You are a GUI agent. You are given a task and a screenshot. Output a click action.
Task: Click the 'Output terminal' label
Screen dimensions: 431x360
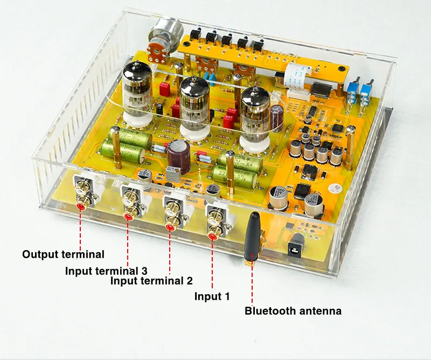point(63,254)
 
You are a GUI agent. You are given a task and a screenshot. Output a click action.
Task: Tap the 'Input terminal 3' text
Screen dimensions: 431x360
point(106,271)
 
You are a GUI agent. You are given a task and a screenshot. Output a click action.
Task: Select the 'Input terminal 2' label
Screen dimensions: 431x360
point(151,280)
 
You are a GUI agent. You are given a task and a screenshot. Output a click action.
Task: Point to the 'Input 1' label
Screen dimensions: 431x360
point(212,296)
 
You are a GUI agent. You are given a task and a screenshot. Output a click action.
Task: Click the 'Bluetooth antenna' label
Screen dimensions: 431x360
point(293,311)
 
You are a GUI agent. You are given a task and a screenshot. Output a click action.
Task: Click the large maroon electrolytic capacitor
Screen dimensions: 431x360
point(178,155)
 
